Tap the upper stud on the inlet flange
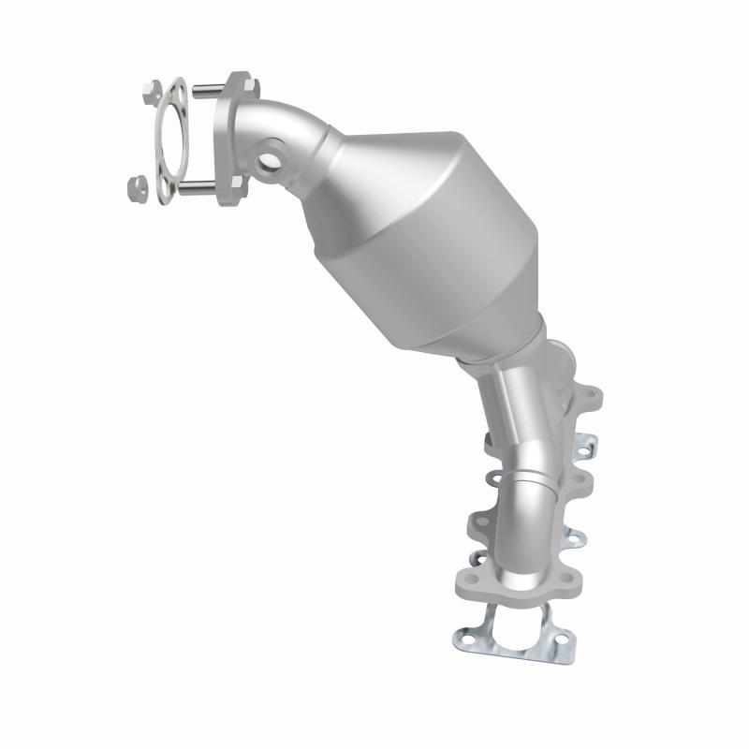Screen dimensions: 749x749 coord(208,91)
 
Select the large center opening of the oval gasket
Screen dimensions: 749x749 coord(168,140)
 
